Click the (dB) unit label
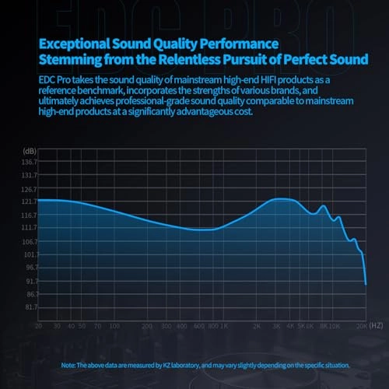click(29, 149)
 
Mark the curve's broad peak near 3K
click(282, 199)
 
